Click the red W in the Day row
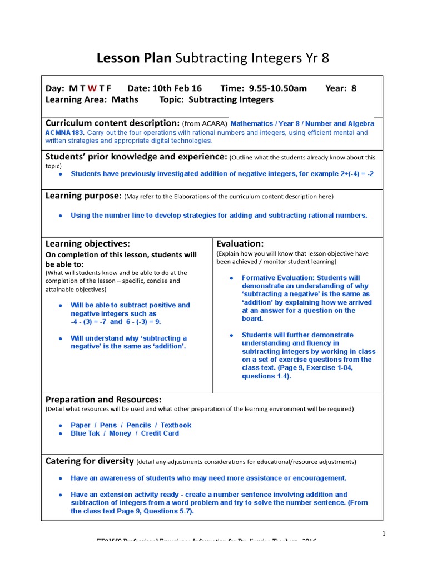point(92,88)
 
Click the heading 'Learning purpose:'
point(83,196)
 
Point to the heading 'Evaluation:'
point(240,243)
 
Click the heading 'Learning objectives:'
point(87,243)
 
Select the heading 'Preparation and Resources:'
point(103,399)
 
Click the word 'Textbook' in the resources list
point(176,425)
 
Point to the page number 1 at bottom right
point(383,534)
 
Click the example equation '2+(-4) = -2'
point(354,174)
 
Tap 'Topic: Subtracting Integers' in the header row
point(216,99)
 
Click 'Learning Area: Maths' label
point(92,99)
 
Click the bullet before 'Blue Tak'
point(60,433)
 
